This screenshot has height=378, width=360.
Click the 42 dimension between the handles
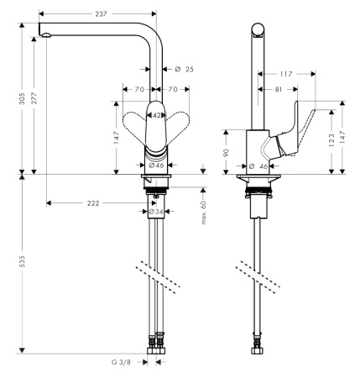(156, 116)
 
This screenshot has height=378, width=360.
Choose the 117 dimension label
(287, 74)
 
